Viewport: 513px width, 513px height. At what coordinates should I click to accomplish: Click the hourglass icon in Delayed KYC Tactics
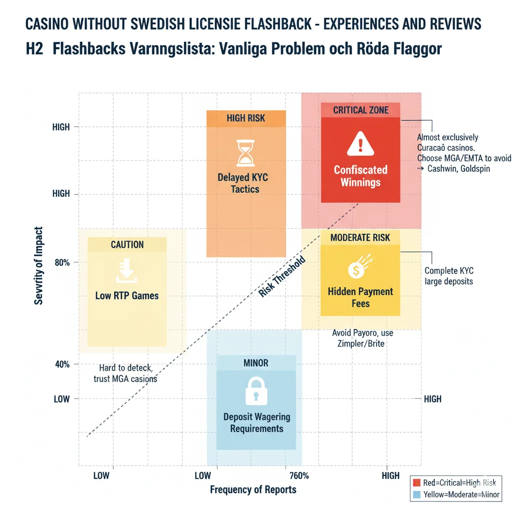click(245, 153)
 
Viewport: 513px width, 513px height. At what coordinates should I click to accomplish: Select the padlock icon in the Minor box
click(256, 391)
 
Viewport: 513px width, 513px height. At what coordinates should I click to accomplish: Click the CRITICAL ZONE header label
click(360, 110)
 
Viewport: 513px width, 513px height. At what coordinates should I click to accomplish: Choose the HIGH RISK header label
click(245, 118)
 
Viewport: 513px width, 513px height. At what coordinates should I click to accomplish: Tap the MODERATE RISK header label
click(360, 238)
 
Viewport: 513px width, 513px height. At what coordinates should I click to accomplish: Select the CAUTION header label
click(127, 244)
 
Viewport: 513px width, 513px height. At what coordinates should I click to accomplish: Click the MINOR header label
click(256, 363)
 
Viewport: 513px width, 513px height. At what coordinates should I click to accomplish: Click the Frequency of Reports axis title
click(253, 489)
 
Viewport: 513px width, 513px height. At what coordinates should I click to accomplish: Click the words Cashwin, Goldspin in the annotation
click(458, 169)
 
